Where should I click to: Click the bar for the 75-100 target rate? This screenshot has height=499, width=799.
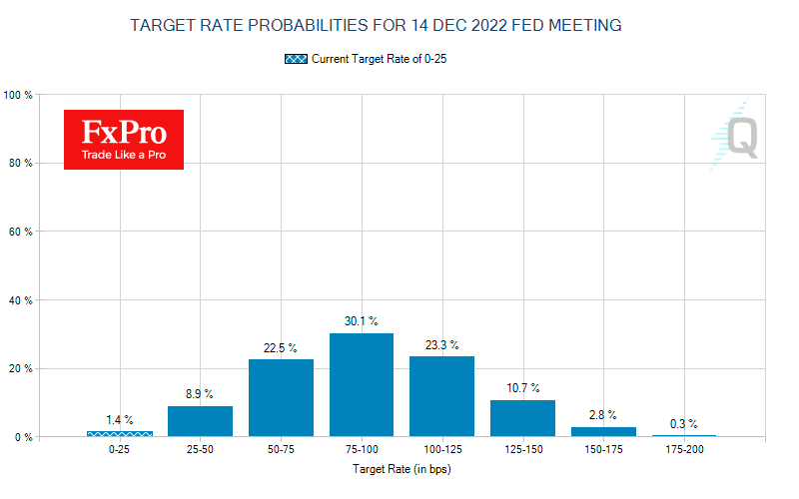click(362, 385)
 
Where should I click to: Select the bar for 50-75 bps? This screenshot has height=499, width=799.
click(281, 398)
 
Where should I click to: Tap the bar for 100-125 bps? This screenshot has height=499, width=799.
click(441, 396)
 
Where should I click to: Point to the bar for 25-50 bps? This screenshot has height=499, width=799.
click(200, 421)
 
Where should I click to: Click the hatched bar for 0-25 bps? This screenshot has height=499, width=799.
click(120, 434)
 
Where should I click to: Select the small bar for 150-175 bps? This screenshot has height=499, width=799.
click(603, 432)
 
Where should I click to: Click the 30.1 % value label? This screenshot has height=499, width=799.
click(362, 321)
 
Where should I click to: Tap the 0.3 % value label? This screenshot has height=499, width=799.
click(684, 423)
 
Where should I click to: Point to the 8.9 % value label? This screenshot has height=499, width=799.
click(200, 394)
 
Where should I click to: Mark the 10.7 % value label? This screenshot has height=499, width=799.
click(522, 388)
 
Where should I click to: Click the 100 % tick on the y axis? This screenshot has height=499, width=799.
click(20, 95)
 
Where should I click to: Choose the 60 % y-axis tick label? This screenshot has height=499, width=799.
click(23, 232)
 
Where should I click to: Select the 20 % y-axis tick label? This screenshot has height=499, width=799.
click(23, 368)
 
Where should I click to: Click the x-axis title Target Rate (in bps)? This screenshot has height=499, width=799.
click(401, 468)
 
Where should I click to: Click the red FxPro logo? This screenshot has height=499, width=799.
click(124, 139)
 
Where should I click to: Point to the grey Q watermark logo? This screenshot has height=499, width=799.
click(736, 136)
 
